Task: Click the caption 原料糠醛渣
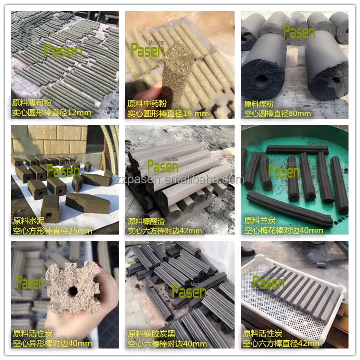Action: click(x=146, y=221)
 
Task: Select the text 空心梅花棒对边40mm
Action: click(x=283, y=230)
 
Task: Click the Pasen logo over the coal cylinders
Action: click(x=299, y=32)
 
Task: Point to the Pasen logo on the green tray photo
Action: click(x=284, y=171)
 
